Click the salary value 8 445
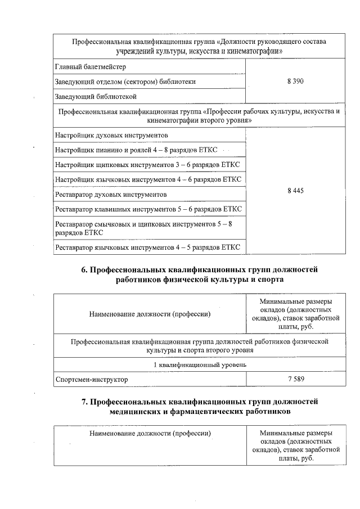[x=295, y=191]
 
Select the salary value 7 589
[x=295, y=379]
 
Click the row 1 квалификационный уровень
[x=200, y=364]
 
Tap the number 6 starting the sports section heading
[x=84, y=269]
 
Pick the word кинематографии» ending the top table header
[x=253, y=51]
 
